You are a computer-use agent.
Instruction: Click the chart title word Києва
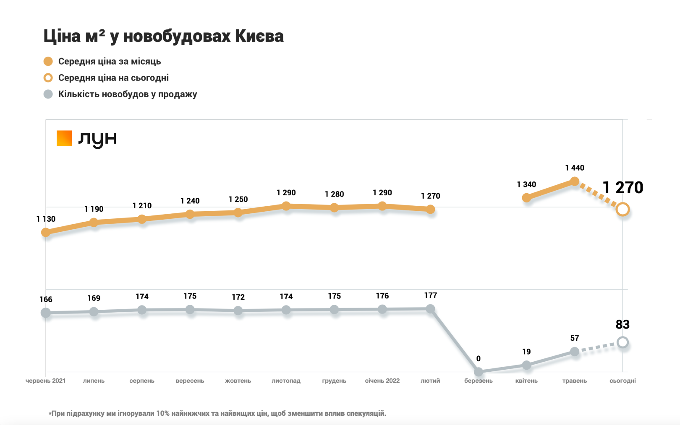[259, 36]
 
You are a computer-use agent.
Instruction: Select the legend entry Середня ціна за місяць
[109, 62]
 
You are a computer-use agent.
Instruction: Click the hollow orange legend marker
[48, 78]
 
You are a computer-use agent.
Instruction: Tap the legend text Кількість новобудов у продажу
[127, 94]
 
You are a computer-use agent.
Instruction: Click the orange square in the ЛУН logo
[64, 138]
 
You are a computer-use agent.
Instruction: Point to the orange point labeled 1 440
[575, 181]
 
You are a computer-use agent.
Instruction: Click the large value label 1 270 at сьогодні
[622, 187]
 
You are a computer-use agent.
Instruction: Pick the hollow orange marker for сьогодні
[623, 209]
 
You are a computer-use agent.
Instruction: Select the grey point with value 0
[479, 372]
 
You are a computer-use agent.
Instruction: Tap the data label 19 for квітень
[526, 352]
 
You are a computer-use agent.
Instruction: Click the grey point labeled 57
[575, 352]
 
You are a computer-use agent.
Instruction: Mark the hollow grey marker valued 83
[623, 342]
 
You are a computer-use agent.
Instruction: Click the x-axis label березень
[478, 381]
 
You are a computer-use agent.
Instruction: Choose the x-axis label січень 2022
[382, 381]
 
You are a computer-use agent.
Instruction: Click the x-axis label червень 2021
[45, 381]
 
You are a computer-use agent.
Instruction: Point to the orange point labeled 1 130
[46, 232]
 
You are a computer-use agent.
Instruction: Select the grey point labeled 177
[430, 309]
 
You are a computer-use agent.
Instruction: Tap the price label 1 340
[526, 184]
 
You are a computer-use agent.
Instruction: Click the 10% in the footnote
[163, 413]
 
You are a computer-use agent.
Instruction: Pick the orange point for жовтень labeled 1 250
[238, 213]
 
